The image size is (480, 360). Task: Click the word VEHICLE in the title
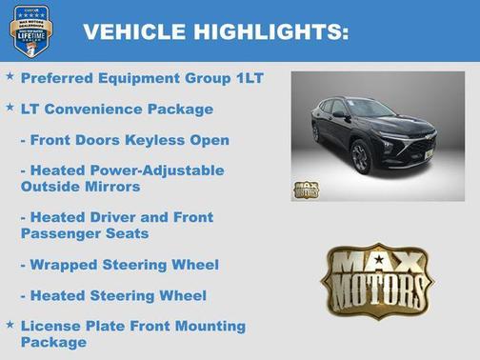click(134, 31)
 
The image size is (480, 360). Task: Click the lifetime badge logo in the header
click(30, 30)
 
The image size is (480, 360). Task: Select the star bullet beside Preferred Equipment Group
click(10, 75)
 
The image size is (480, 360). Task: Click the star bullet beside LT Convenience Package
click(10, 107)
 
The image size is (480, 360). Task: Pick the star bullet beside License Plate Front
click(10, 325)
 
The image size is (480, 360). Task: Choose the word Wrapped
click(64, 265)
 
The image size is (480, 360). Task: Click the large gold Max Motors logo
click(376, 280)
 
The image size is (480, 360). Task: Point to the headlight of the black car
click(390, 142)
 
